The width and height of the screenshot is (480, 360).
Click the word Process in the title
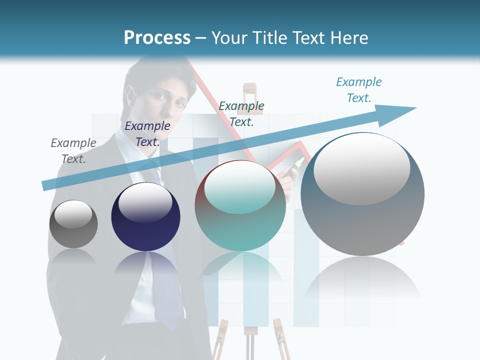(157, 38)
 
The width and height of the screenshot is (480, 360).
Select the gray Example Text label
(73, 150)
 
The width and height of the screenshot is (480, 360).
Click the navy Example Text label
(147, 134)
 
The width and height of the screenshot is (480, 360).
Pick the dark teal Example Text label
(241, 113)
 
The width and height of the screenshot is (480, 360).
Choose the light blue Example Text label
(359, 89)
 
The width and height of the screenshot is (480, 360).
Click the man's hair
(160, 75)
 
